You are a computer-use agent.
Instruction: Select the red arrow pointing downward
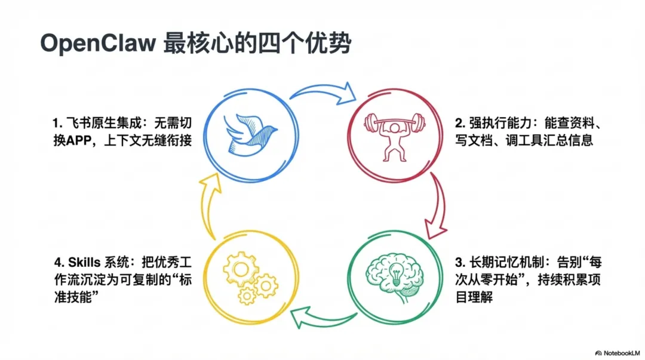point(438,206)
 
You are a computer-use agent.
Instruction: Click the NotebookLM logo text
point(616,352)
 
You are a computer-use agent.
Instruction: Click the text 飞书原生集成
point(95,124)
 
